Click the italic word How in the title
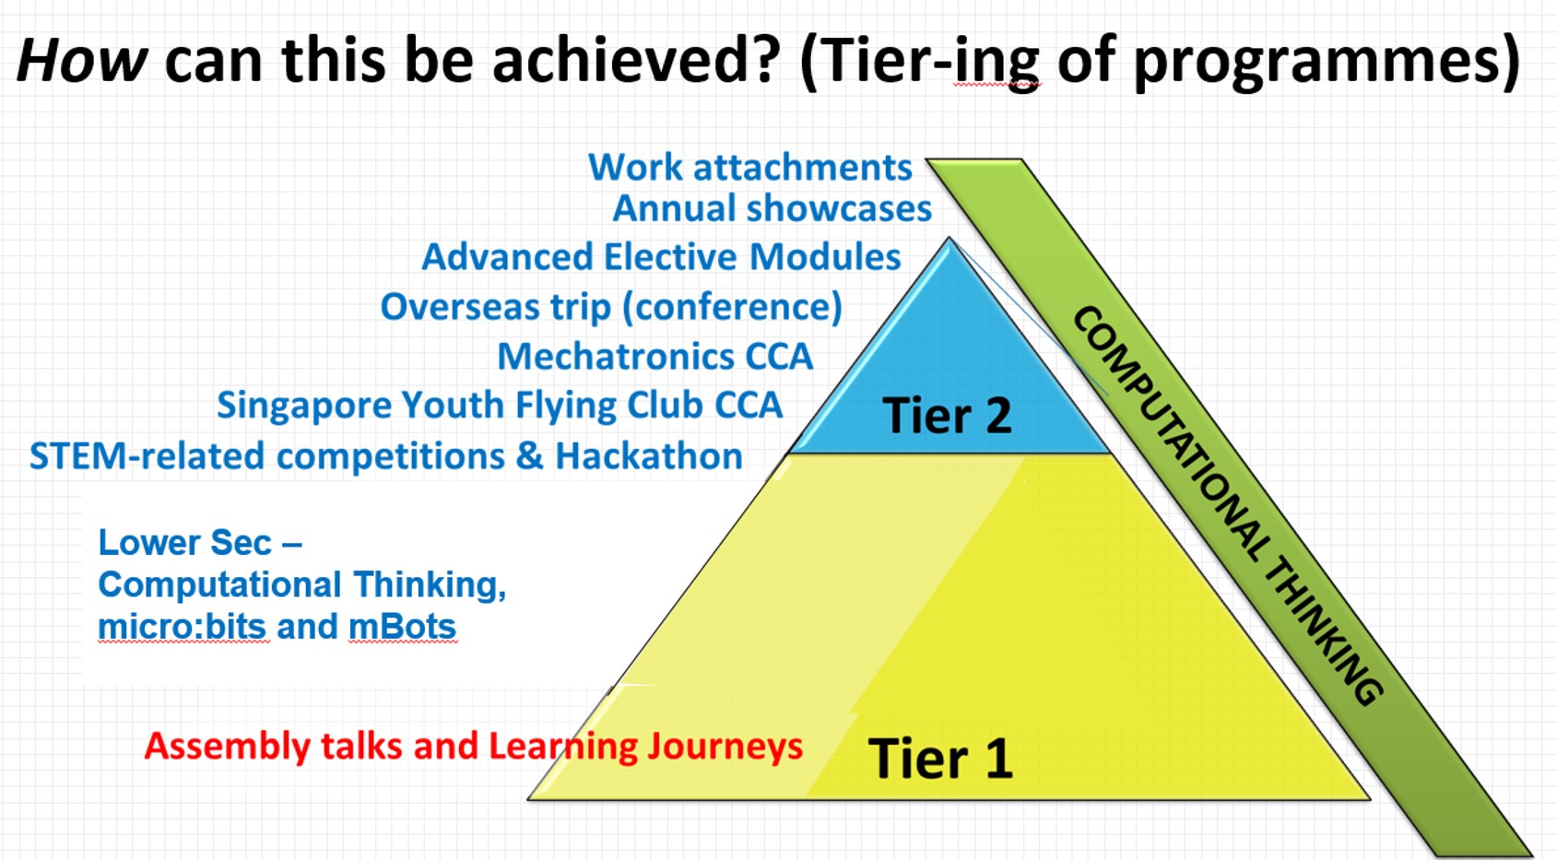[x=82, y=60]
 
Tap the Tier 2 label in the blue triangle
[x=947, y=416]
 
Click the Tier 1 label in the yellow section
[x=940, y=758]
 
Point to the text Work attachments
[x=750, y=168]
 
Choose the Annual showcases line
[x=772, y=208]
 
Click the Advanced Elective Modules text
[x=661, y=256]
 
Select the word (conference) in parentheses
[x=732, y=307]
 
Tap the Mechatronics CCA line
[x=655, y=357]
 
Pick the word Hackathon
[x=648, y=457]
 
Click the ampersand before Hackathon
[x=529, y=457]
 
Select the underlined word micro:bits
[x=183, y=627]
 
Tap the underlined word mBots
[x=402, y=627]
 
